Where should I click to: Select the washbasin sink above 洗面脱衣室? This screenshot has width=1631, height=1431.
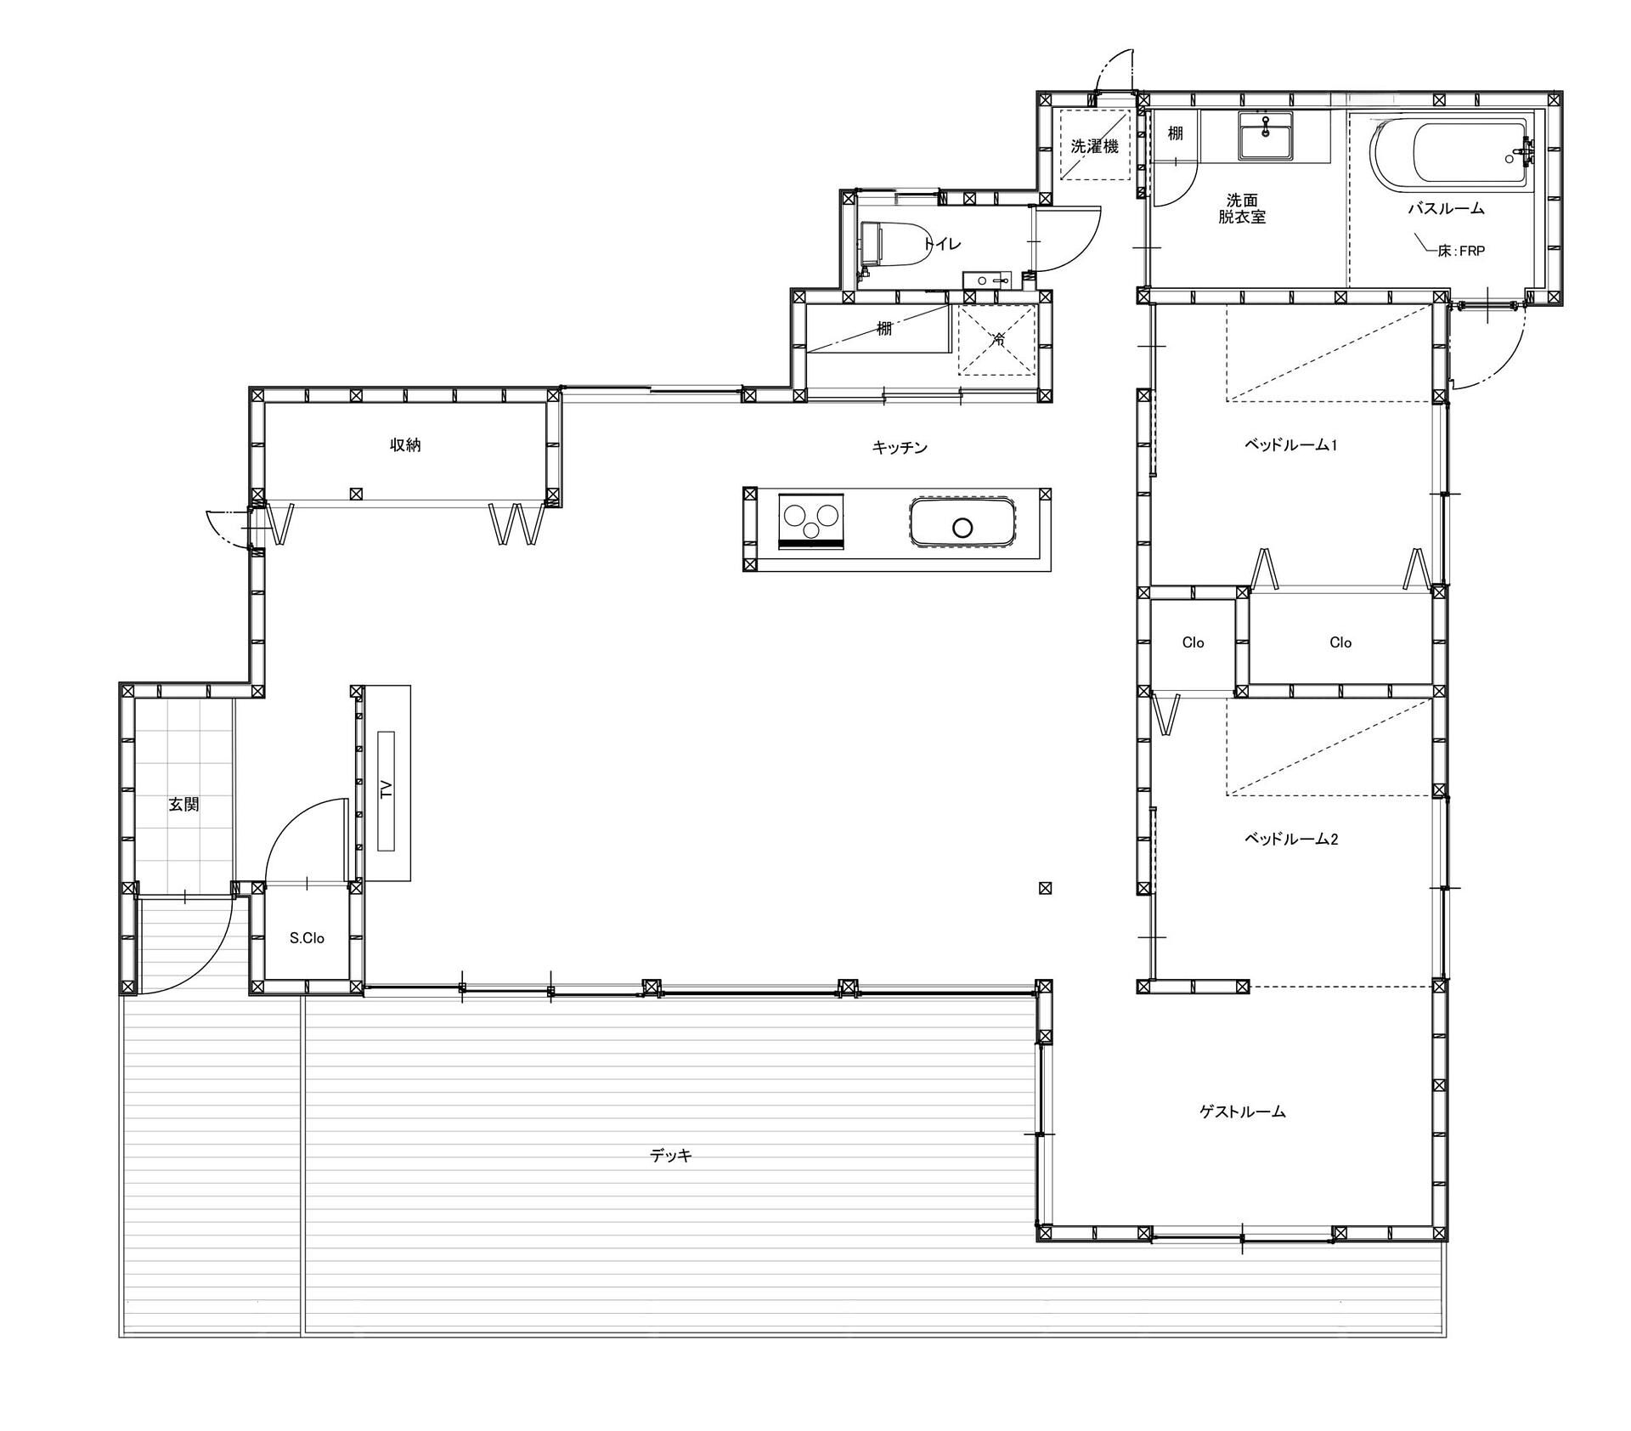coord(1265,135)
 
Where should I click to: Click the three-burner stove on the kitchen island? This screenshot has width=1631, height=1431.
coord(812,520)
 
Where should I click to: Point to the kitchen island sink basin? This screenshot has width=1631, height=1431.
coord(962,522)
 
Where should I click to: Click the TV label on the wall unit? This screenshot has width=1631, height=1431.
coord(387,789)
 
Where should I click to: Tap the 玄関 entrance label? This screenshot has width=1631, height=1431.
coord(183,804)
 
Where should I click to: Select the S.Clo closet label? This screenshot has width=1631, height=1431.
coord(307,938)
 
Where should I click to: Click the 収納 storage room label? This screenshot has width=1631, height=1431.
coord(406,444)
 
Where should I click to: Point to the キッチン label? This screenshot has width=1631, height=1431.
coord(900,447)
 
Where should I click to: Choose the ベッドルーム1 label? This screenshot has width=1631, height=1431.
coord(1291,444)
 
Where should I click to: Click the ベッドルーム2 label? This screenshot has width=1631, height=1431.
coord(1291,839)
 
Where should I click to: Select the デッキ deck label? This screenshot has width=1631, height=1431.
coord(671,1156)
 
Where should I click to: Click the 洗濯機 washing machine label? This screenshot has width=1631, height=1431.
coord(1094,146)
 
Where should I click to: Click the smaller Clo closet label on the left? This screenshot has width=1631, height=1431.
coord(1193,642)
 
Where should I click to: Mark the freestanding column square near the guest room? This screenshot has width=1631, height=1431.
coord(1046,888)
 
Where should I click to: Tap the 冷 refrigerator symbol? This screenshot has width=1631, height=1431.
coord(998,340)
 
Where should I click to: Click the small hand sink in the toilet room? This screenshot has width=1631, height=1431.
coord(986,280)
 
